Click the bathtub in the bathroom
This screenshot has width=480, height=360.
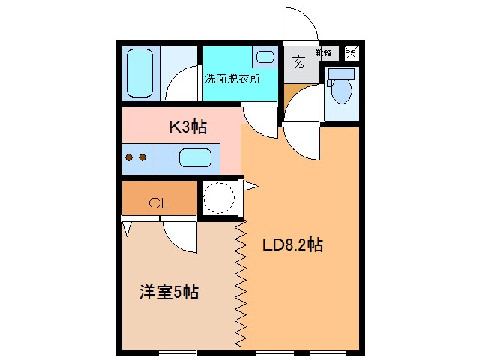[139, 72]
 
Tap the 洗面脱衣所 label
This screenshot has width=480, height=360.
[233, 77]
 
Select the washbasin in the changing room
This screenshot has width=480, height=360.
[264, 55]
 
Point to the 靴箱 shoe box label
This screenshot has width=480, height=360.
[324, 53]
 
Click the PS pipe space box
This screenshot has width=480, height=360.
[352, 53]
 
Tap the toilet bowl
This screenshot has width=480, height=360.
[341, 92]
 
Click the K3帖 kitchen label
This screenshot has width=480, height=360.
[187, 127]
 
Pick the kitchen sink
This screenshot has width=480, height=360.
[195, 158]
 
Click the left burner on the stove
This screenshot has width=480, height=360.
[128, 157]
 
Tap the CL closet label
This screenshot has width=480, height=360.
[158, 202]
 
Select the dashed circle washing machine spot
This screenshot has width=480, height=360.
[219, 198]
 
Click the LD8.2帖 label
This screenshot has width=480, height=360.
[292, 244]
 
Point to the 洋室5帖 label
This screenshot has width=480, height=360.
[169, 292]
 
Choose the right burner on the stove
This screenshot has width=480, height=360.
[141, 157]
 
